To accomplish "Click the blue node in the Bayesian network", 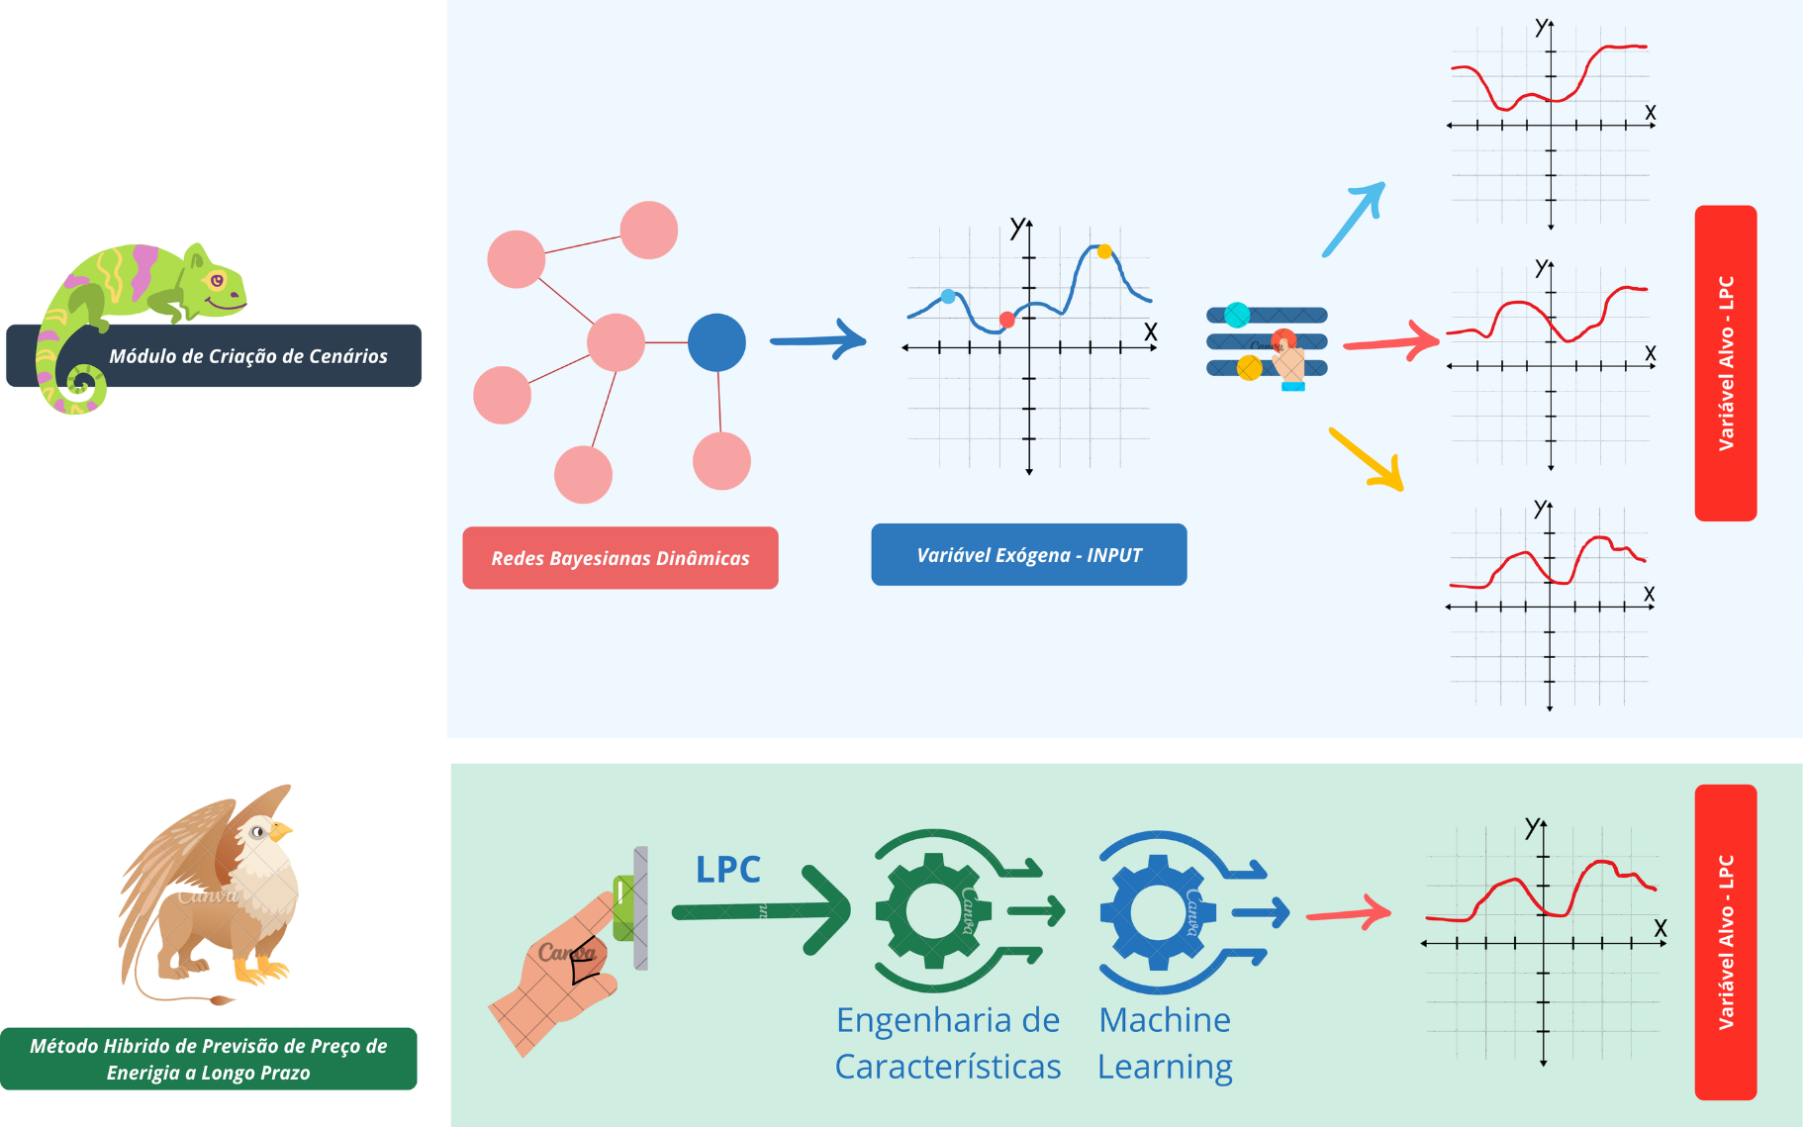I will click(x=716, y=342).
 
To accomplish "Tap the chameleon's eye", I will click(x=217, y=281).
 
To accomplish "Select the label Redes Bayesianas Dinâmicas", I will click(x=620, y=558).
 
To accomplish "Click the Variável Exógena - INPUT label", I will click(x=1028, y=555).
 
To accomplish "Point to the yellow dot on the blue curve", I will click(x=1104, y=251).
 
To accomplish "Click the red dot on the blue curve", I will click(x=1006, y=320).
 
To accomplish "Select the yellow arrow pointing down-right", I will click(x=1367, y=459).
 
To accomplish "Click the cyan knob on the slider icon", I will click(x=1237, y=316).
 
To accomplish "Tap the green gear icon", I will click(x=932, y=910).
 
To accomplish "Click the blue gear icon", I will click(x=1157, y=911).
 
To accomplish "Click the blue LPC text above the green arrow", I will click(x=727, y=870).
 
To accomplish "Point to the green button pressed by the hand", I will click(x=622, y=907).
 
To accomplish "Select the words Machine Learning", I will click(x=1165, y=1043).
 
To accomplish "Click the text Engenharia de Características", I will click(x=947, y=1043).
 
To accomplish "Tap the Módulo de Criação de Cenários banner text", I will click(x=247, y=356).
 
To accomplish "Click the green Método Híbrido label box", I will click(x=208, y=1059).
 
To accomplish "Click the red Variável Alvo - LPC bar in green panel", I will click(x=1725, y=942).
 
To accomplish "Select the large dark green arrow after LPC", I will click(x=762, y=911).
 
